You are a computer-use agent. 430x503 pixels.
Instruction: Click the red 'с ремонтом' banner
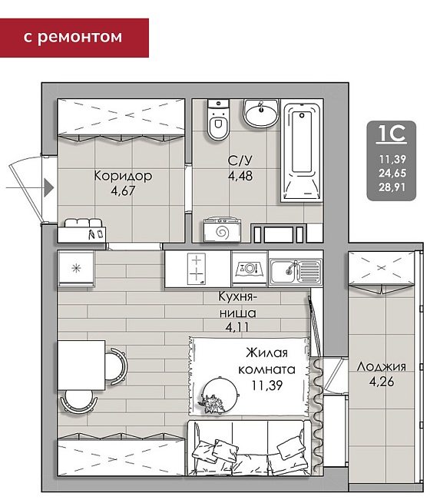coord(74,38)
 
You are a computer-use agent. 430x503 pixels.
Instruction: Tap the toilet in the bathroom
coord(218,120)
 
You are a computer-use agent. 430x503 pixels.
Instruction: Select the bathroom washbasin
coord(261,113)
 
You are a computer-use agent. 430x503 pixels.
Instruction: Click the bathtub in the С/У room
coord(302,151)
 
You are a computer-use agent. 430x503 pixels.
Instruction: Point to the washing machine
coord(222,230)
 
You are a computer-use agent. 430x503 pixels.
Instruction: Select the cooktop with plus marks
coord(197,269)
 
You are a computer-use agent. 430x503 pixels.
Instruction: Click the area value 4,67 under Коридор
coord(123,191)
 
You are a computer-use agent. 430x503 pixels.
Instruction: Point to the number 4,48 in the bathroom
coord(240,176)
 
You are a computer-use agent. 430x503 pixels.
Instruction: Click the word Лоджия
coord(382,366)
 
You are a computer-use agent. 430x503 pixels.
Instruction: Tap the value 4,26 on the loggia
coord(382,382)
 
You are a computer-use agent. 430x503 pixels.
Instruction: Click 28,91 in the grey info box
coord(392,187)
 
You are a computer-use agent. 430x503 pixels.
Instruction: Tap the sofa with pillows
coord(249,448)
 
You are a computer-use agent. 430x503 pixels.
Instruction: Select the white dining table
coord(81,365)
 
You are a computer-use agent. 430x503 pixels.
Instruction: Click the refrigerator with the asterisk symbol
coord(76,268)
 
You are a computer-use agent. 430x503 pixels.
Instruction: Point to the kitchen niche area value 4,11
coord(237,328)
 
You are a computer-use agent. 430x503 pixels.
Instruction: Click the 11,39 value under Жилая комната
coord(267,385)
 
